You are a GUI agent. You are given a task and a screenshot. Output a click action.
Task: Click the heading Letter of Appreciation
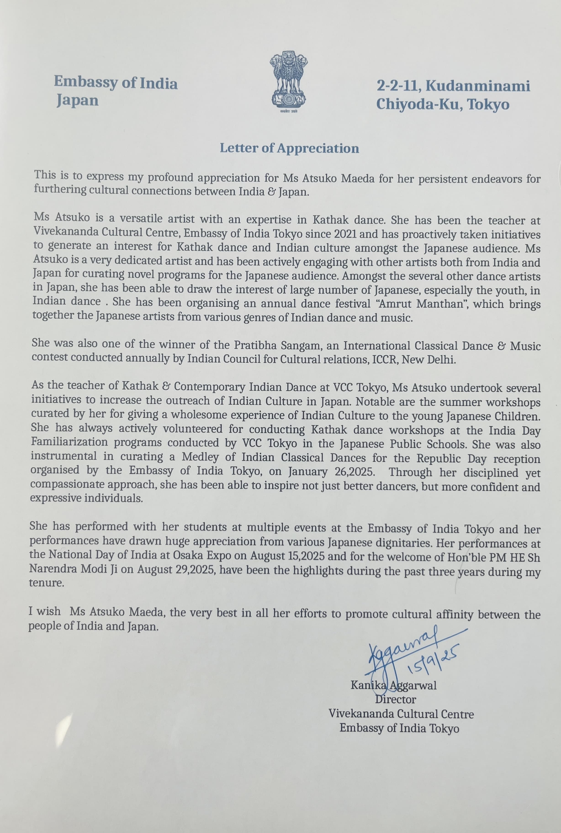pos(289,148)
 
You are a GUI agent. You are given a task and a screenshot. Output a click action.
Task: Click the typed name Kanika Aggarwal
pos(393,685)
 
